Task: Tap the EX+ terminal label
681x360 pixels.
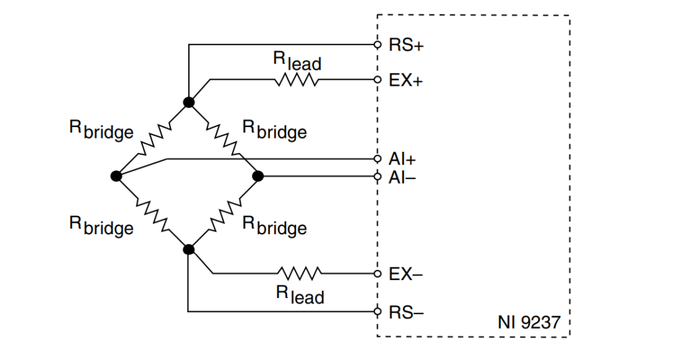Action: tap(406, 81)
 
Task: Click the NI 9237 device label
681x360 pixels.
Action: tap(529, 323)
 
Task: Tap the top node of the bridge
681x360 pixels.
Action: tap(189, 102)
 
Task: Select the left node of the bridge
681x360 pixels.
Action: tap(116, 176)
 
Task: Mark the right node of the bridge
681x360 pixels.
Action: tap(258, 176)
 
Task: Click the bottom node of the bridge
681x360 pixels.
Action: tap(189, 250)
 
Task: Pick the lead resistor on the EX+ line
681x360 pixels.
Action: tap(296, 81)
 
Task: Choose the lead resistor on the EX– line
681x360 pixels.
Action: tap(300, 273)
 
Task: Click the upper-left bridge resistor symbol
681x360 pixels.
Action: tap(152, 138)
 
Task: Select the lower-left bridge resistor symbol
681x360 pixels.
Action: tap(153, 213)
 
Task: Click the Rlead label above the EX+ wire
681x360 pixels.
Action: tap(297, 61)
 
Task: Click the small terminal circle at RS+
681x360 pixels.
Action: tap(377, 45)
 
